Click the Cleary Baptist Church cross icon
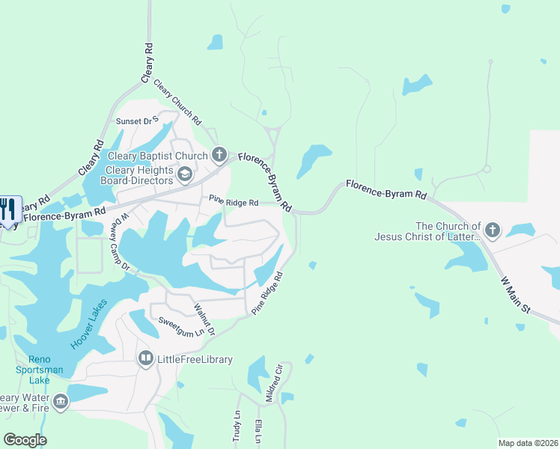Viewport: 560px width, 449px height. coord(219,156)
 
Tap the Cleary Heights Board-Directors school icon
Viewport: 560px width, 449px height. coord(185,174)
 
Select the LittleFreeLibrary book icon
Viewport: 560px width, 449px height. coord(145,359)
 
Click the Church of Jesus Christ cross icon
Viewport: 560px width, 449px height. coord(492,230)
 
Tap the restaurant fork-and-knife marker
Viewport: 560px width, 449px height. coord(8,209)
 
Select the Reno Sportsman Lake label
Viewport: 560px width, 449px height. coord(34,368)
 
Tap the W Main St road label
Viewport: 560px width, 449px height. coord(514,294)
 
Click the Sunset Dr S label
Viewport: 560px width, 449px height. coord(137,120)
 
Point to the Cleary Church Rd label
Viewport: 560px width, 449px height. coord(177,102)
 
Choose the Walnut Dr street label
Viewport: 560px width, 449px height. coord(204,320)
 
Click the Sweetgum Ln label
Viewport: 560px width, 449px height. coord(180,327)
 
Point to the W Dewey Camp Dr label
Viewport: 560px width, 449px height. coord(121,242)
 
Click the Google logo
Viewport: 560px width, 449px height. coord(25,439)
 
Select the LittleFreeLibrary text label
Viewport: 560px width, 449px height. coord(195,359)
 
